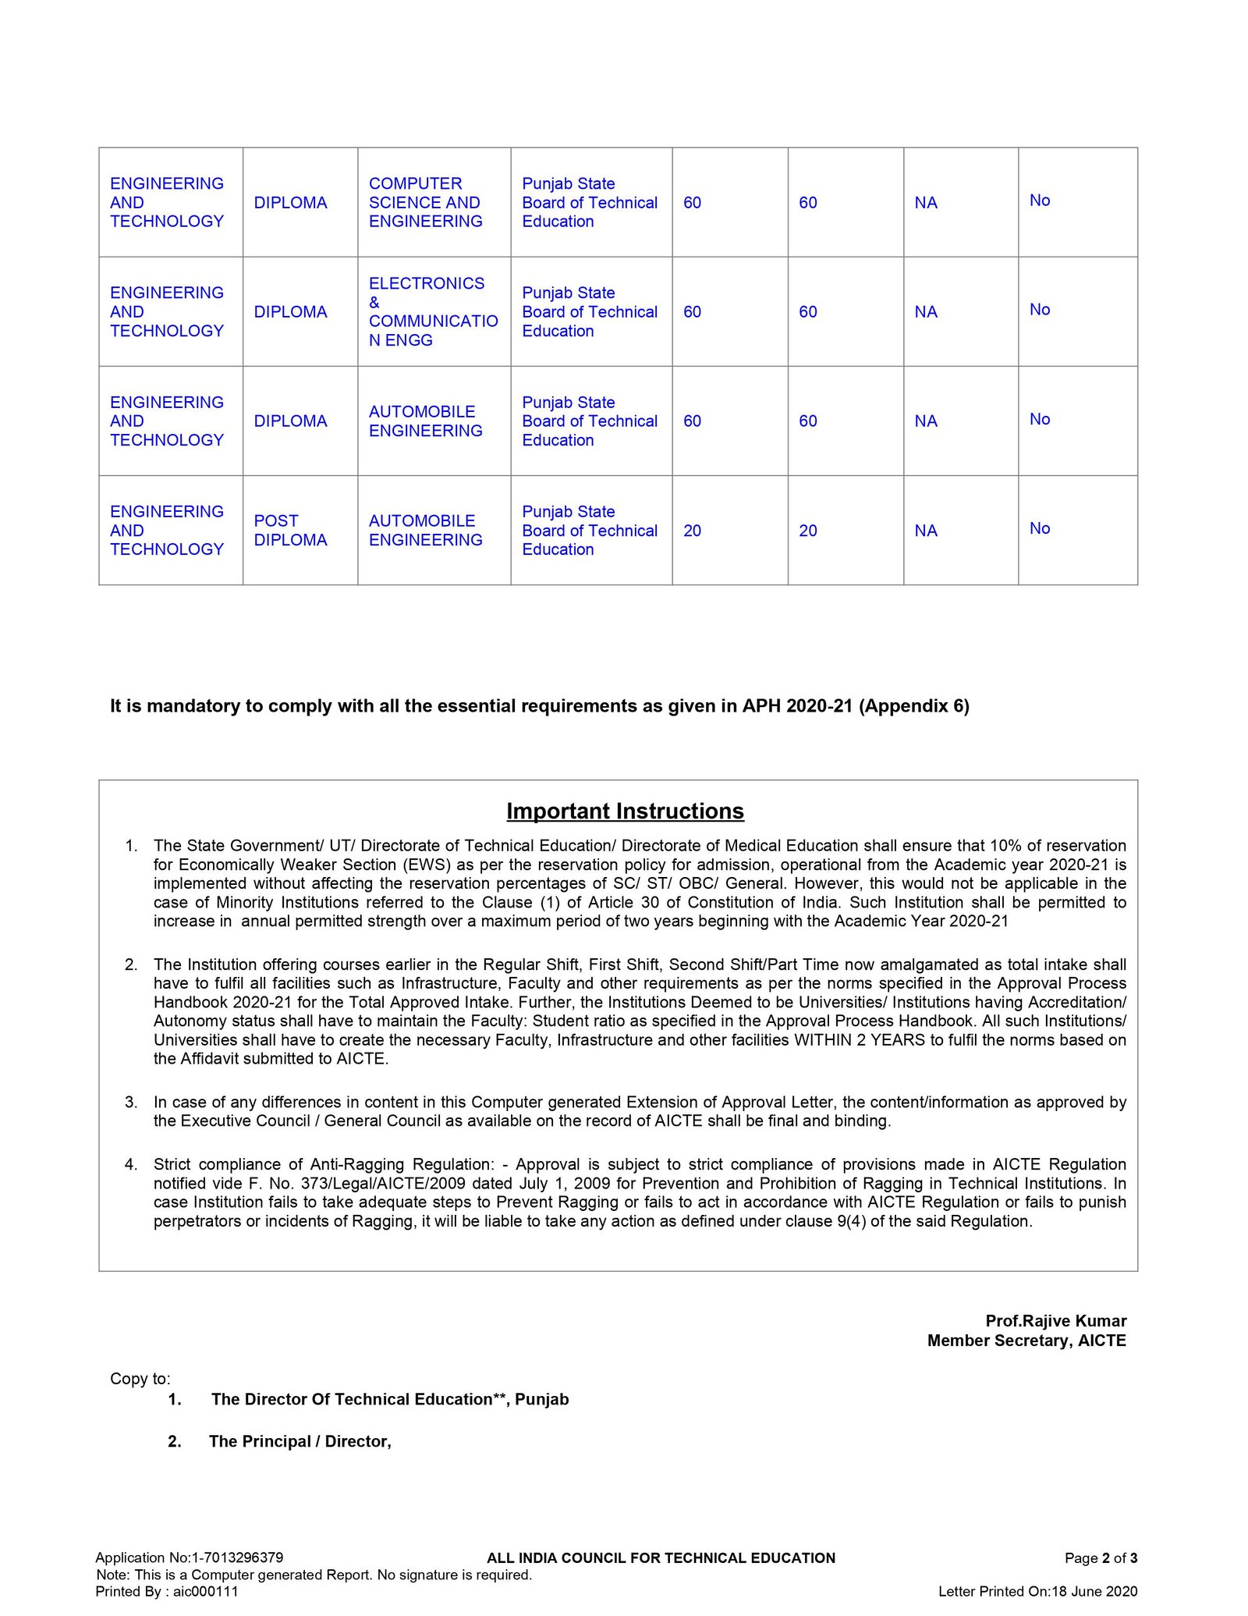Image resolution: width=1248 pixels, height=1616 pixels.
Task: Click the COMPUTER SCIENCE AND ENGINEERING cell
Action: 425,202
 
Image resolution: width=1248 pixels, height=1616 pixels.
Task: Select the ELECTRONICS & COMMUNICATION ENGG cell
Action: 433,311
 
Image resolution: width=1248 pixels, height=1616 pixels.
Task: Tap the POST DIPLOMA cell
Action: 290,530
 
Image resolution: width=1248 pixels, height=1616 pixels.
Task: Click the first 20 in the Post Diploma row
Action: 692,531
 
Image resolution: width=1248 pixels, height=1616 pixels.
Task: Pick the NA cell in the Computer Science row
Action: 926,203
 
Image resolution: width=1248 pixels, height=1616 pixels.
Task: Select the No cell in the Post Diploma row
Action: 1040,528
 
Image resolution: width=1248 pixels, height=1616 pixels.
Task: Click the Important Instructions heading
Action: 625,811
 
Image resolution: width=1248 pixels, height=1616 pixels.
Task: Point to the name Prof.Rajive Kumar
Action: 1055,1320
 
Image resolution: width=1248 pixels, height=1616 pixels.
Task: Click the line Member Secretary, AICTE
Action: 1026,1340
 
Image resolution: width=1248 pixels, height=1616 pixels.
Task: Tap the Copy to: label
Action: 140,1378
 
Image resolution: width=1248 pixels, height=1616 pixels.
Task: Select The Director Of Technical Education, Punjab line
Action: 389,1399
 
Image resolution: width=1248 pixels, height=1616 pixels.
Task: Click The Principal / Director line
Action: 300,1441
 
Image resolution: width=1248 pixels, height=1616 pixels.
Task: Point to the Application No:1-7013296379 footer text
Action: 189,1557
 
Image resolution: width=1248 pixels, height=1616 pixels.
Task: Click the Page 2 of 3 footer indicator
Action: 1101,1557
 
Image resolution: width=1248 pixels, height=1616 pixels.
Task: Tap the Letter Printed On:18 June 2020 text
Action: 1037,1591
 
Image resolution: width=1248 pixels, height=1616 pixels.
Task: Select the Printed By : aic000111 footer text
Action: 167,1591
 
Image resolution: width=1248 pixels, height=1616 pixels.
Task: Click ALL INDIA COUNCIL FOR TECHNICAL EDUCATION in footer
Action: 661,1557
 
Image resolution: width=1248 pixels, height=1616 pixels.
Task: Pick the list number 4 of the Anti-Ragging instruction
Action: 131,1164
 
